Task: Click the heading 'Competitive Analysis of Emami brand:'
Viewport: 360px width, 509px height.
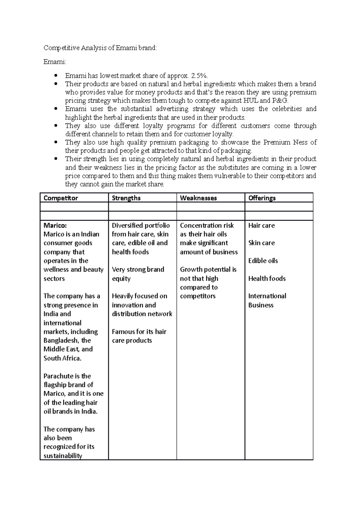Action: (x=100, y=48)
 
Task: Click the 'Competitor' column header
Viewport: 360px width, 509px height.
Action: (x=61, y=198)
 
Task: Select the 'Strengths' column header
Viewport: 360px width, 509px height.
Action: (x=126, y=198)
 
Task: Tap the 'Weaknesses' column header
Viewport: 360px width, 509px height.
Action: (x=198, y=198)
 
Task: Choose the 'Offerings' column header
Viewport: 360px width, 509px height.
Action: (x=262, y=198)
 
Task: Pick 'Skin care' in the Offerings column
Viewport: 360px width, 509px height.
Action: (x=261, y=243)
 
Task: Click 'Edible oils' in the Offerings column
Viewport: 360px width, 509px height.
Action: (x=263, y=261)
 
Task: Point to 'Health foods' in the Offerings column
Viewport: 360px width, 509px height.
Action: (x=267, y=278)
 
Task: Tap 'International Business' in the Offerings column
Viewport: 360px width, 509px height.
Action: (x=267, y=301)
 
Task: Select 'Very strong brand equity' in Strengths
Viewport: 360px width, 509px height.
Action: (x=138, y=274)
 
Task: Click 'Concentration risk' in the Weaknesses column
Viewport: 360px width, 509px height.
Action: (x=207, y=225)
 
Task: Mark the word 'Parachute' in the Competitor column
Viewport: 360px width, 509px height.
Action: (x=58, y=376)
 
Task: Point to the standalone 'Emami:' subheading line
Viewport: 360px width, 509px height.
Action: (x=55, y=62)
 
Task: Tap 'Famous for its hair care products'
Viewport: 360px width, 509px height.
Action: (x=139, y=336)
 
